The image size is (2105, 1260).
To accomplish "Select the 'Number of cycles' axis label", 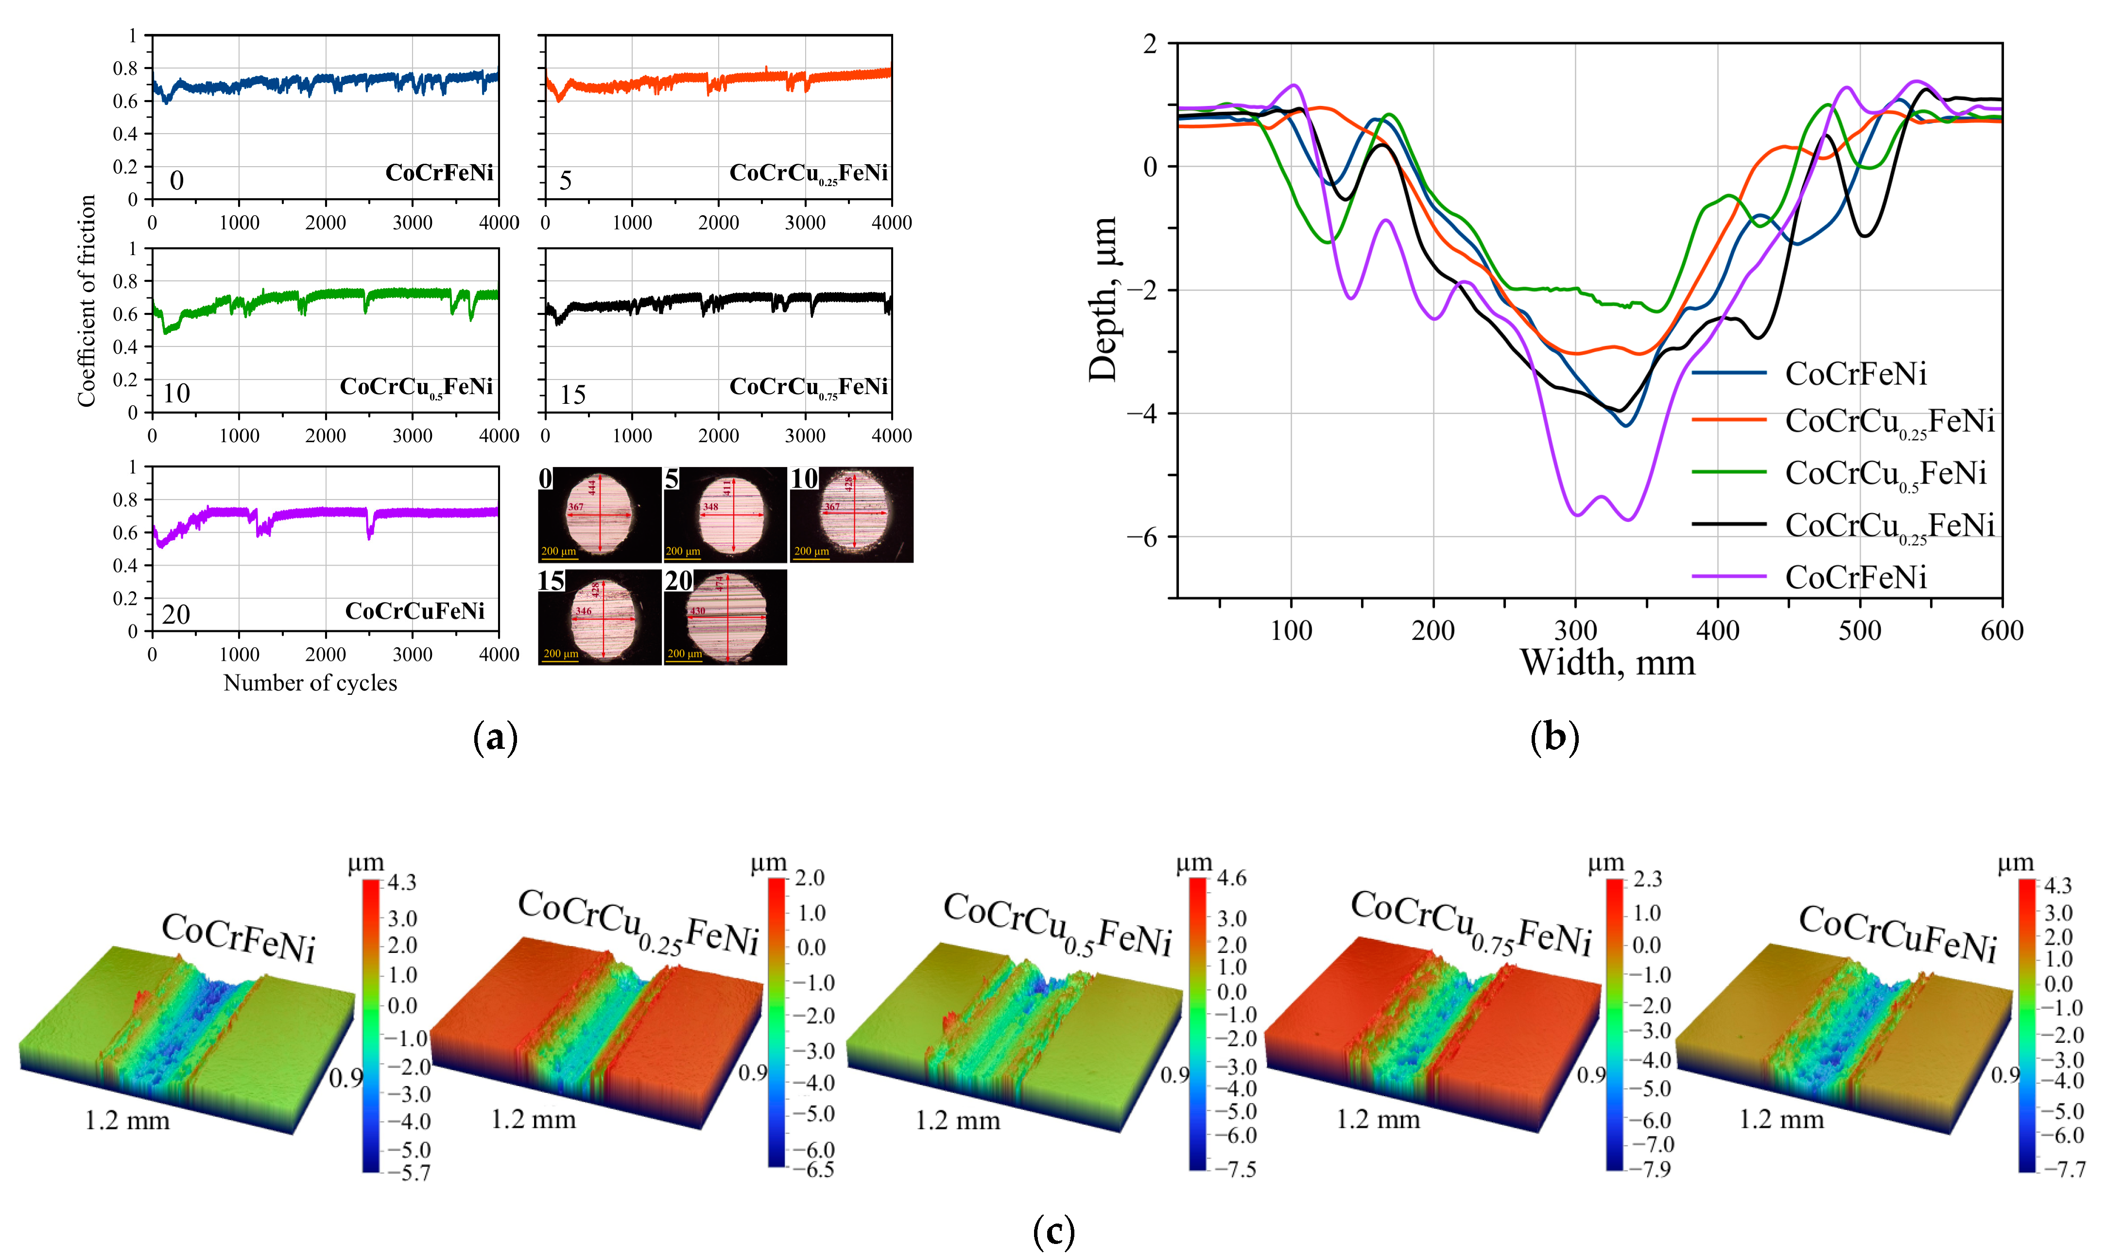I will point(310,684).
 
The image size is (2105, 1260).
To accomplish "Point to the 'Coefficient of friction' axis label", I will point(86,301).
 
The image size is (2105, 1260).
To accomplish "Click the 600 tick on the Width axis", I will point(2001,631).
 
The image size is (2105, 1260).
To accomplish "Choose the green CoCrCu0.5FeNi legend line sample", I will point(1728,472).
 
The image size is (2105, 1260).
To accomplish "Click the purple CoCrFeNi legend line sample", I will point(1728,576).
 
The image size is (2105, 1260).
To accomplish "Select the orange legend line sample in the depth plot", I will point(1728,419).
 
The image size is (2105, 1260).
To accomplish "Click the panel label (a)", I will point(495,737).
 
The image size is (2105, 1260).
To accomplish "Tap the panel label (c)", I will point(1053,1229).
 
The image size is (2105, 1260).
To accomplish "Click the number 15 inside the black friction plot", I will point(572,395).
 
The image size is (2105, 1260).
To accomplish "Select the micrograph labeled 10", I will point(851,515).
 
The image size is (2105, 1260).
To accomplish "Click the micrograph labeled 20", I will point(725,617).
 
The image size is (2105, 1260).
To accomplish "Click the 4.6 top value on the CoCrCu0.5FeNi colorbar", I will point(1232,879).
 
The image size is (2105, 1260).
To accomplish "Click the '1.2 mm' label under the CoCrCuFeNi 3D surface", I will point(1781,1120).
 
